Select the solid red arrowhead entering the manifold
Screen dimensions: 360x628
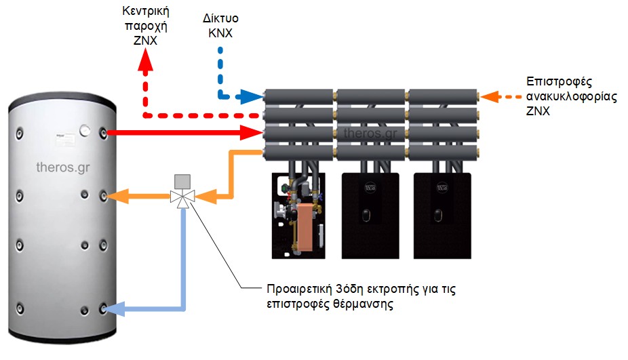(x=254, y=132)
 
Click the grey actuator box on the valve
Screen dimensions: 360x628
(x=182, y=181)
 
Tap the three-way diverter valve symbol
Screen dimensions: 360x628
(x=182, y=197)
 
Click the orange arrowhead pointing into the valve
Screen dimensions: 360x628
(x=207, y=197)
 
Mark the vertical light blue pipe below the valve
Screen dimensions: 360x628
(x=182, y=258)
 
